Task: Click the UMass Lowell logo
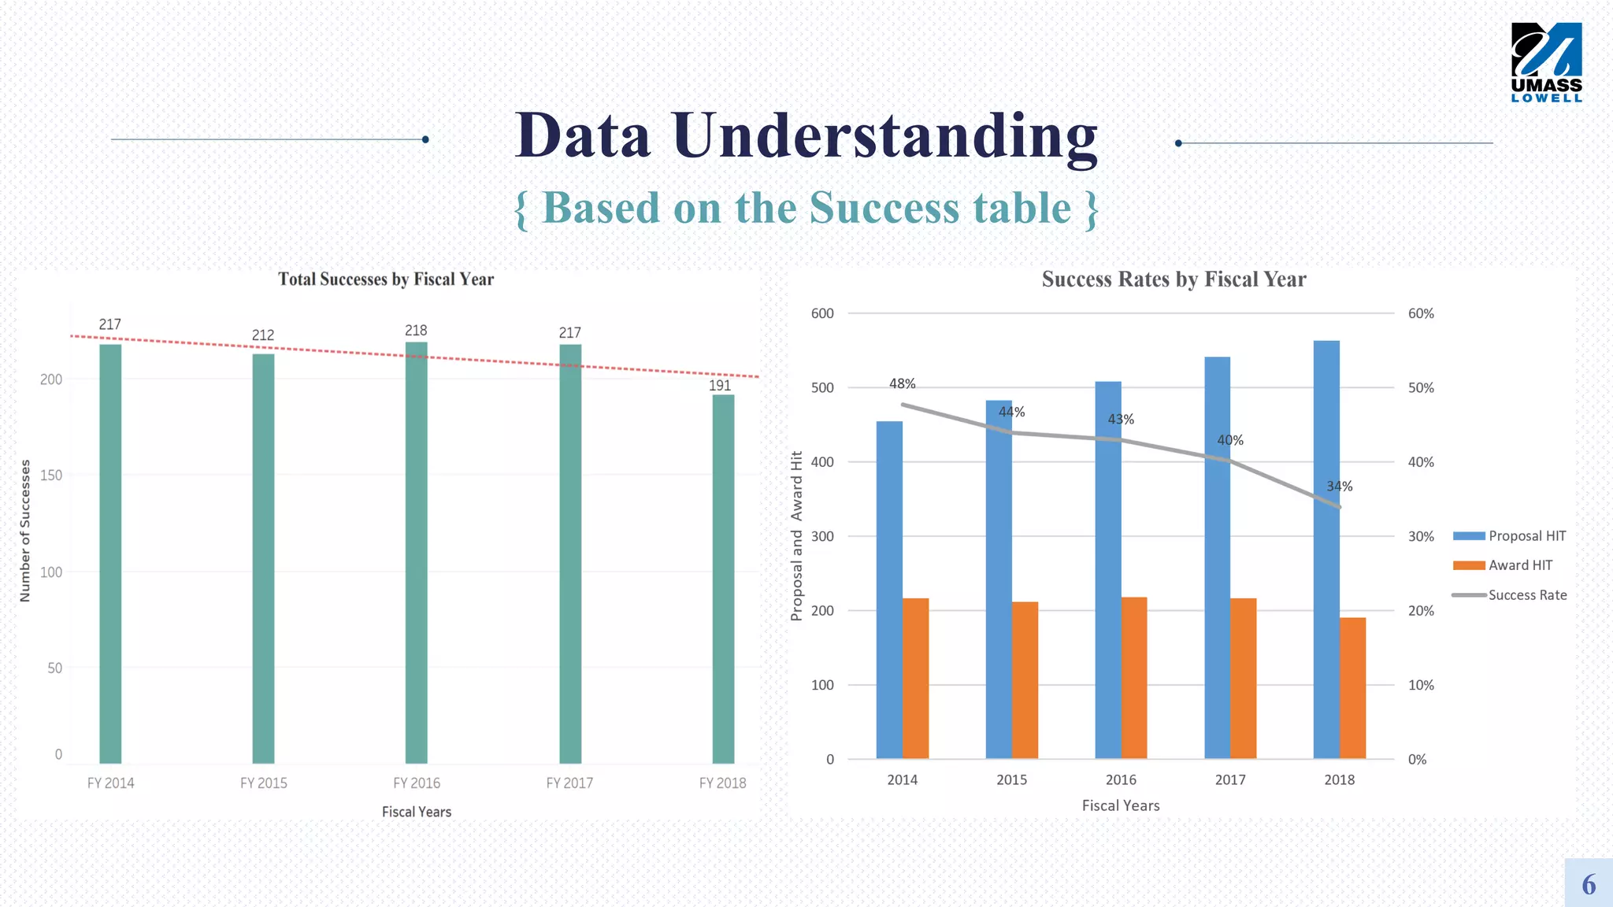(x=1546, y=62)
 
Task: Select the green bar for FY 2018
(x=723, y=579)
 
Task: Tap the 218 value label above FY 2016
(x=416, y=331)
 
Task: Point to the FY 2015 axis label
(x=264, y=783)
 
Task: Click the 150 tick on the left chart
(x=51, y=476)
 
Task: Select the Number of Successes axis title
(x=25, y=531)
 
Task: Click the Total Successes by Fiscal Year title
(x=386, y=280)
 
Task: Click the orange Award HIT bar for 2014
(x=915, y=679)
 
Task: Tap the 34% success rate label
(x=1339, y=487)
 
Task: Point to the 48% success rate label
(x=902, y=384)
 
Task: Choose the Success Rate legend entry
(x=1526, y=595)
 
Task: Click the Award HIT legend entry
(x=1519, y=565)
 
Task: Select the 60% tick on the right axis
(x=1421, y=313)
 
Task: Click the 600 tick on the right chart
(x=822, y=313)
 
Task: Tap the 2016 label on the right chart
(x=1121, y=780)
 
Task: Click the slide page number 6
(x=1589, y=884)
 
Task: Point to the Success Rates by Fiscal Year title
(x=1174, y=280)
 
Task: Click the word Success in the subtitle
(x=884, y=209)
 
